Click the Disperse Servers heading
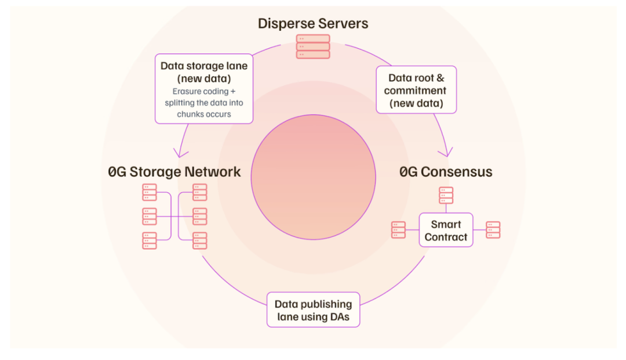[313, 24]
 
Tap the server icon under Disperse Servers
[313, 46]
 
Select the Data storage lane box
[204, 88]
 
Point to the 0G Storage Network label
[174, 172]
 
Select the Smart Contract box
[446, 231]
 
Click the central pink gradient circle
[313, 177]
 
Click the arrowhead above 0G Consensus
[445, 153]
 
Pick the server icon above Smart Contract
[446, 195]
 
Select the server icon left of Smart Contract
[399, 230]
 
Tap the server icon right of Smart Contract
[493, 230]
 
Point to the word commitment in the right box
[415, 91]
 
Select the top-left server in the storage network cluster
[150, 192]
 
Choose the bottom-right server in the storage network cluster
[200, 240]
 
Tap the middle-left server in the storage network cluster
[150, 217]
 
